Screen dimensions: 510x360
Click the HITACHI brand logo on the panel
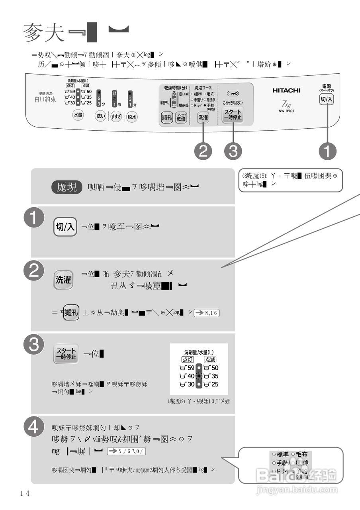click(x=286, y=90)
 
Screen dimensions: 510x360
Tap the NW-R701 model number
click(x=287, y=111)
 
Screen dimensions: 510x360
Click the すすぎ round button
click(x=116, y=117)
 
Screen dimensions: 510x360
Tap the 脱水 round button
click(x=132, y=117)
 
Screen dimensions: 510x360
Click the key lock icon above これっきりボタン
click(x=233, y=94)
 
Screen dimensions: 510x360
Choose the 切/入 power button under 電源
click(x=327, y=100)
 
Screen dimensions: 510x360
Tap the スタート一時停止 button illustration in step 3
click(x=66, y=354)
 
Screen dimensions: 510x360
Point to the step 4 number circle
click(x=33, y=427)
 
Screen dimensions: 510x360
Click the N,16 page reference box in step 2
click(x=207, y=313)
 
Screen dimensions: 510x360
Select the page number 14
click(x=25, y=493)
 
